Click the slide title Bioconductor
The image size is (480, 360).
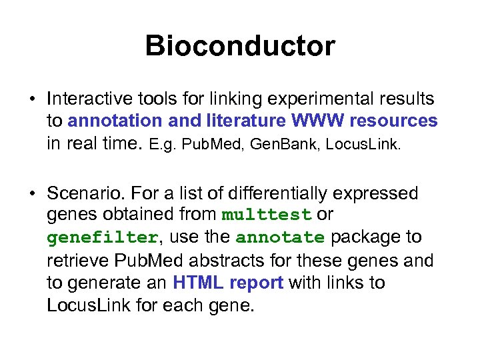coord(240,46)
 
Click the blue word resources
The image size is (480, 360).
coord(394,121)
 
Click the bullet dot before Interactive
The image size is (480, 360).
coord(32,100)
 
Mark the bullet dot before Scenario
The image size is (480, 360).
coord(32,194)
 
